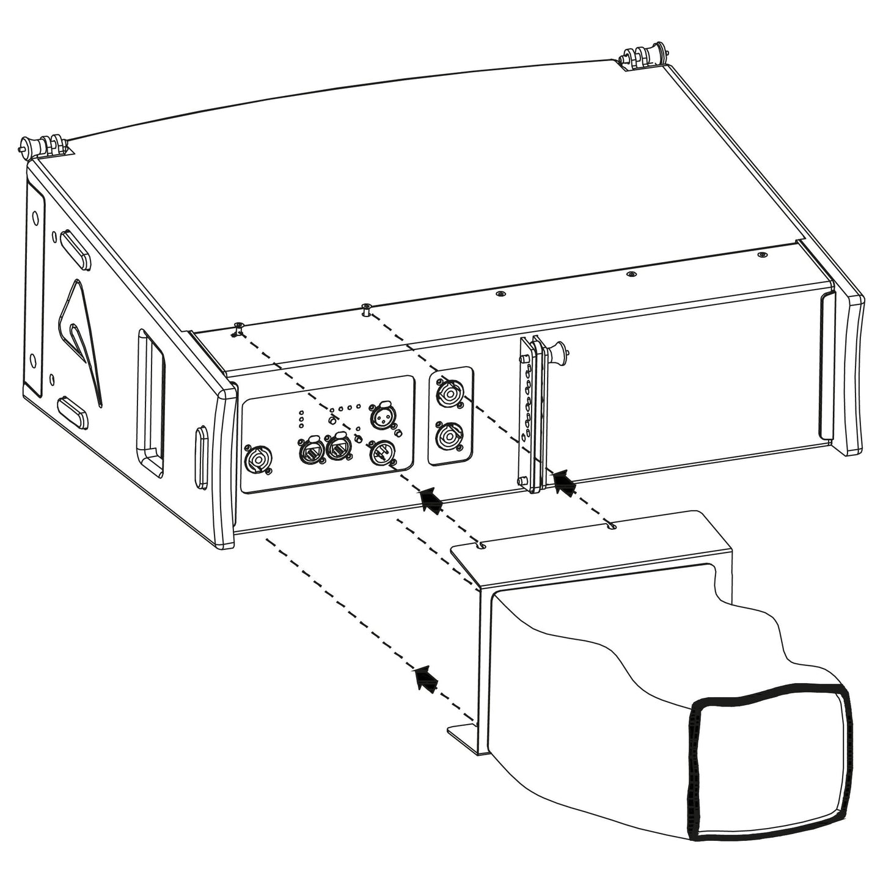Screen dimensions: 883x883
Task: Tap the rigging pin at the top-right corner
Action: point(642,59)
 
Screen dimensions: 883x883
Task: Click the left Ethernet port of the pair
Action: point(309,450)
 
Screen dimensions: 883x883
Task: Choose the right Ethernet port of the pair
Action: point(338,450)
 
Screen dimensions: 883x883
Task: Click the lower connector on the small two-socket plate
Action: point(449,438)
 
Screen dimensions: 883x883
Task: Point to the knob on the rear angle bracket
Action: point(559,351)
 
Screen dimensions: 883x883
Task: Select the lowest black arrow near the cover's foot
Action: point(426,679)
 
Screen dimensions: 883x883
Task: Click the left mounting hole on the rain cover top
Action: point(483,544)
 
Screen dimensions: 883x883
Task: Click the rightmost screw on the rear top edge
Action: point(761,255)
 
